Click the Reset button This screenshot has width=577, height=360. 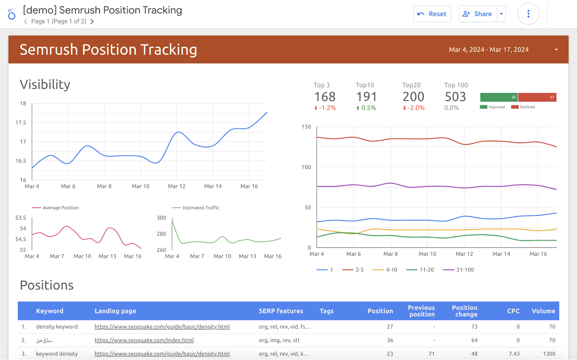(432, 14)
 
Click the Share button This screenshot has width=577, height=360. (477, 14)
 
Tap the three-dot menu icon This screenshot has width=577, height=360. (528, 14)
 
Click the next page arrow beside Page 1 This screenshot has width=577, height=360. (92, 22)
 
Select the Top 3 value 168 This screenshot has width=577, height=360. (325, 97)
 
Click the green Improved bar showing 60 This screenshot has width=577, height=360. (499, 97)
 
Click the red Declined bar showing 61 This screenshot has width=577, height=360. (537, 97)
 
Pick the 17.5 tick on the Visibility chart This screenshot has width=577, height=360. (21, 123)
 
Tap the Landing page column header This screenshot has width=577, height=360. (115, 311)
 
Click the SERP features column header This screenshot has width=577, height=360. (281, 311)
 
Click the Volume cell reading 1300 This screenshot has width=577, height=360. (549, 354)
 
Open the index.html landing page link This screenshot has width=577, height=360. (144, 340)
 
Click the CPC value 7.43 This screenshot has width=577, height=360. (514, 354)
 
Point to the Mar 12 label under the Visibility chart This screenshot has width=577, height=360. (177, 186)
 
